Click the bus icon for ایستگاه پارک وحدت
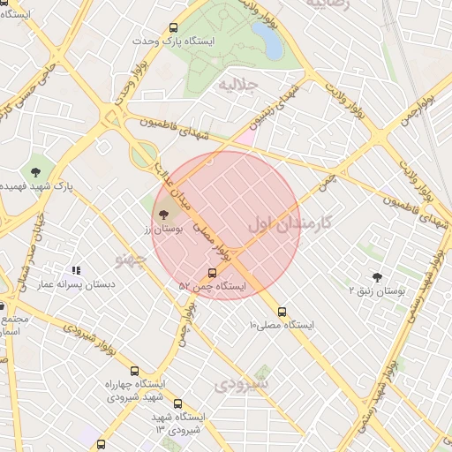click(173, 27)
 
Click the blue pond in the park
click(266, 40)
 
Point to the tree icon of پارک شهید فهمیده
click(35, 171)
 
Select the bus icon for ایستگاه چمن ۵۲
click(212, 273)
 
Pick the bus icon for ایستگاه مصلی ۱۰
click(282, 312)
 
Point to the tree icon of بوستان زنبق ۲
click(378, 277)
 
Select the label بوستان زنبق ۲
click(377, 290)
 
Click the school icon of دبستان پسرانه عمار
click(76, 270)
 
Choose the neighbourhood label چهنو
click(129, 259)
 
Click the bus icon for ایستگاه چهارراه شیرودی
click(134, 372)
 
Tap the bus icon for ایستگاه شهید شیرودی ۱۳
click(177, 403)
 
